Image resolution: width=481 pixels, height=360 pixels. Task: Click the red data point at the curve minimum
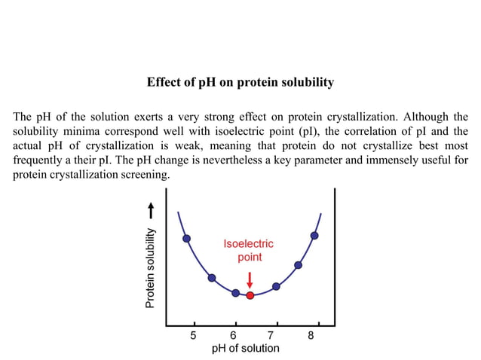coord(250,295)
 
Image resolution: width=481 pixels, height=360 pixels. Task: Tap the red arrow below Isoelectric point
coord(250,279)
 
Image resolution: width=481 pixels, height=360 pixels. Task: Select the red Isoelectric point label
coord(250,250)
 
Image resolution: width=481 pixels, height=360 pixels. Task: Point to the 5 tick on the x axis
coord(194,335)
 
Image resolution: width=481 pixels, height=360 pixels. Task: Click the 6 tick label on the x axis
coord(234,335)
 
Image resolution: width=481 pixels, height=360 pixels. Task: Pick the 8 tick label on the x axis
coord(311,335)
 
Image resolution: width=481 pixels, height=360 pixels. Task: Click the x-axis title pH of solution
coord(245,348)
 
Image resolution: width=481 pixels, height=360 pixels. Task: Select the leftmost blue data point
coord(187,239)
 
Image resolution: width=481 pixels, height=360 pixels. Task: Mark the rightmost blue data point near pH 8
coord(314,236)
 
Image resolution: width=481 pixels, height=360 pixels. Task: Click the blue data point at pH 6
coord(235,292)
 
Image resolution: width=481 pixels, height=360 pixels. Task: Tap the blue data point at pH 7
coord(276,286)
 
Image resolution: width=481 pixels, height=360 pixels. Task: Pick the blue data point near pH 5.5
coord(212,278)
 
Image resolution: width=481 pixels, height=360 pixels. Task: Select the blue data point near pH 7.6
coord(299,265)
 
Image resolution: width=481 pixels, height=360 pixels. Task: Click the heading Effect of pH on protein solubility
coord(240,82)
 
